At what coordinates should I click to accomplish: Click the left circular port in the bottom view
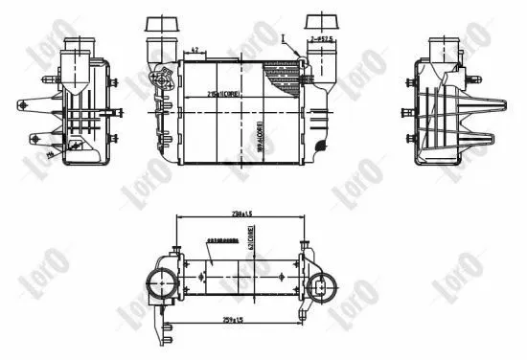pyautogui.click(x=160, y=282)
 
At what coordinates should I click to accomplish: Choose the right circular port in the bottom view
pyautogui.click(x=322, y=284)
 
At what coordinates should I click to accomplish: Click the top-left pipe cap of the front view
pyautogui.click(x=157, y=23)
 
